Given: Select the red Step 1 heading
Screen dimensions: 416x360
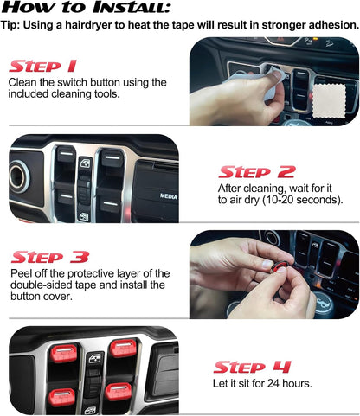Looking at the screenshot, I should coord(42,66).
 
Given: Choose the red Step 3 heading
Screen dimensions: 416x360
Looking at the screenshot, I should coord(48,257).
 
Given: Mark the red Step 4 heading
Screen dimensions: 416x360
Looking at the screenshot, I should coord(252,366).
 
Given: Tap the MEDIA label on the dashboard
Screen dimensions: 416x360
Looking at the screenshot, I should coord(168,196).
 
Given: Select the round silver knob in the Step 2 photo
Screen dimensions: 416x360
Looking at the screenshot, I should coord(20,177).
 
